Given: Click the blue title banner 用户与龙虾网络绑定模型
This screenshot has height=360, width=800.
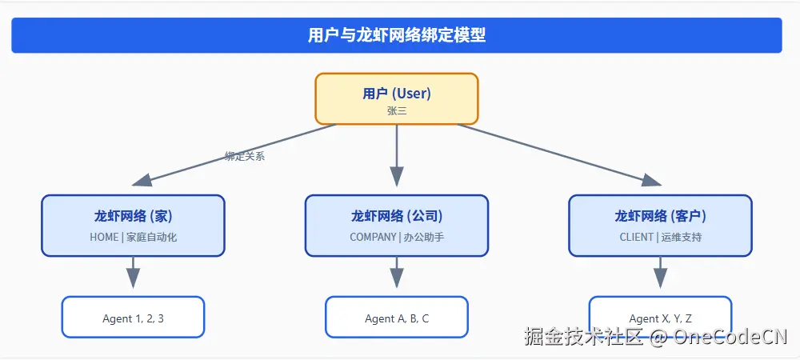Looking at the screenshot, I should [397, 35].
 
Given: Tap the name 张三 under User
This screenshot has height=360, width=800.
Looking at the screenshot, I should [397, 111].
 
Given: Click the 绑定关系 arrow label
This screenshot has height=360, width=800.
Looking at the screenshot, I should [245, 157].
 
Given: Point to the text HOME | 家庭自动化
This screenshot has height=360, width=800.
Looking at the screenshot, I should [133, 237].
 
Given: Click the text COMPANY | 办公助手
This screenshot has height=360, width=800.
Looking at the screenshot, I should [397, 237].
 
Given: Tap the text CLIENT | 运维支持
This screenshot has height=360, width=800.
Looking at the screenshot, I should [660, 237].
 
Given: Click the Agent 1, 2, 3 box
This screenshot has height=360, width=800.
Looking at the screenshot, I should [133, 318].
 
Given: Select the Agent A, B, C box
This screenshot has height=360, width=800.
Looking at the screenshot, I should [397, 318].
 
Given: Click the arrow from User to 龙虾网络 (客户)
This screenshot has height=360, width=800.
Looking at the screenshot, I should [560, 154].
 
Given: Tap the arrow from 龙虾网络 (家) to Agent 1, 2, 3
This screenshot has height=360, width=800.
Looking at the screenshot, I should [133, 273].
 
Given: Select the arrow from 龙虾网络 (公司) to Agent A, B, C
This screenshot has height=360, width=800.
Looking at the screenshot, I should [397, 273].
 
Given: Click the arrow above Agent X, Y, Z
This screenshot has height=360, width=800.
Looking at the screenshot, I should [660, 273].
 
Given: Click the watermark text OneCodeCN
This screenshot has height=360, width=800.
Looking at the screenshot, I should [730, 337].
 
